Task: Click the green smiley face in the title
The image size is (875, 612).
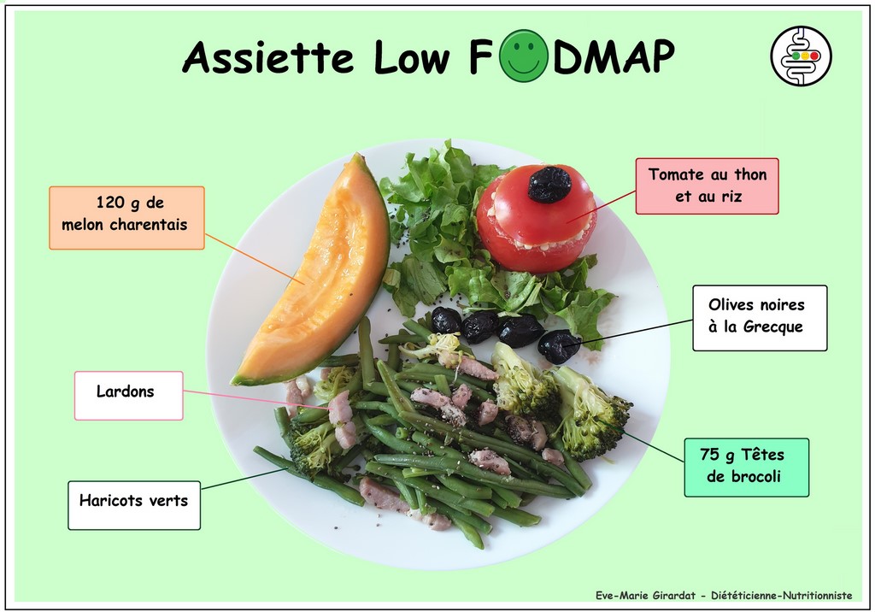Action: [x=523, y=55]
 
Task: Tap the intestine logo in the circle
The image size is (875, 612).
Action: [x=801, y=56]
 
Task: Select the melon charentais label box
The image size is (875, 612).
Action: [x=126, y=218]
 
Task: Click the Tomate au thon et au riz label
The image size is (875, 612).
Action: [x=707, y=186]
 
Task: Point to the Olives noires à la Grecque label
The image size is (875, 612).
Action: [x=760, y=318]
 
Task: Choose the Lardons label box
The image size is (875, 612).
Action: [x=129, y=396]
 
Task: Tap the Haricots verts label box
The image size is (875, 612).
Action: [x=134, y=505]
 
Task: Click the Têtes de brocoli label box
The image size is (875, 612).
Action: [x=746, y=468]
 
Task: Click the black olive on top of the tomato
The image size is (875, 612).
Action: [x=549, y=184]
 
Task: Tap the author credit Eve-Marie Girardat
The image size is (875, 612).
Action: [x=646, y=595]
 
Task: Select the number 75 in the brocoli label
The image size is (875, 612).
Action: [x=709, y=455]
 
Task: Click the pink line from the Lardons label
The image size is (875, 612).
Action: [x=256, y=400]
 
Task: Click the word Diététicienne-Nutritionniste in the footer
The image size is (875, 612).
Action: [x=781, y=595]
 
